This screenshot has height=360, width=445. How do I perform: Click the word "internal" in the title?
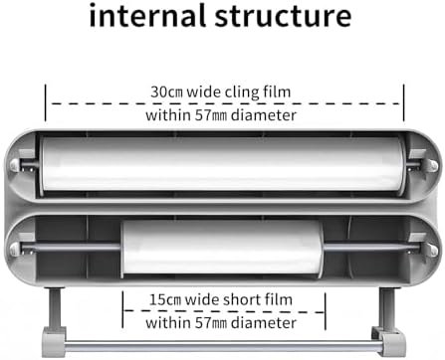point(147,15)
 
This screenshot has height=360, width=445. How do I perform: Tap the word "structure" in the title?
point(283,16)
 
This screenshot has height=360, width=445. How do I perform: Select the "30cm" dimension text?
point(166,91)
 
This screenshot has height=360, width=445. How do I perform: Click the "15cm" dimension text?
point(165,299)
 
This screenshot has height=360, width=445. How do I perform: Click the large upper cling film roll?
point(223,164)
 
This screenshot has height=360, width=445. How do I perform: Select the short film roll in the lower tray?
point(222,248)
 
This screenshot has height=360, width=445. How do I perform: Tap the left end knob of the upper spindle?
point(14,165)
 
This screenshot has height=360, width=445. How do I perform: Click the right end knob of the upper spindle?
point(432,165)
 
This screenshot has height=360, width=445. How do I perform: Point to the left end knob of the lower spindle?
point(15,248)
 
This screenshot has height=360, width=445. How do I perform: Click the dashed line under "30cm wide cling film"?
point(226,103)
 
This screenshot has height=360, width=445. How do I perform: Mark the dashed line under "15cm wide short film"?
point(224,311)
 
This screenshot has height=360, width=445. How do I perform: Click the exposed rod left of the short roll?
point(71,247)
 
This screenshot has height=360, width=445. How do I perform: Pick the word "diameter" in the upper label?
point(264,115)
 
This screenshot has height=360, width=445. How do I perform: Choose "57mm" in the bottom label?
point(211,323)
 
